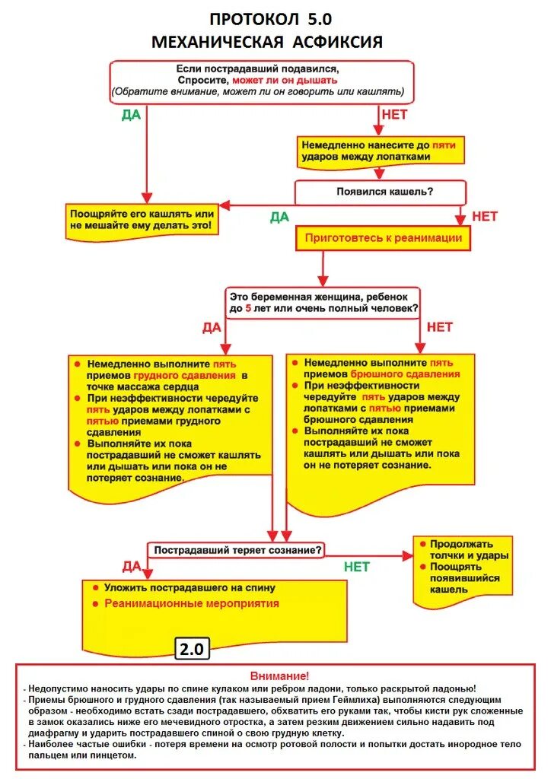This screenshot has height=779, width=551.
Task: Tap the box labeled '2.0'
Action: (192, 649)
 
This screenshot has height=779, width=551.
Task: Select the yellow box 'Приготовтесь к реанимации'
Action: (383, 238)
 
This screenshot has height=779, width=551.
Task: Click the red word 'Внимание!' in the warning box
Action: (279, 675)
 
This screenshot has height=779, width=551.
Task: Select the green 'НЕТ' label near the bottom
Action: (356, 567)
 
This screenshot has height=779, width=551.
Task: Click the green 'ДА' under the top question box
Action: (132, 116)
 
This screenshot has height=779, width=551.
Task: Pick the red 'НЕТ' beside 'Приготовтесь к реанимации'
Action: (484, 216)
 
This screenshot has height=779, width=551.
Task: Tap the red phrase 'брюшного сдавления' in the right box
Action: (405, 374)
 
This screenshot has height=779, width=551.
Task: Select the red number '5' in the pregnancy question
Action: (247, 310)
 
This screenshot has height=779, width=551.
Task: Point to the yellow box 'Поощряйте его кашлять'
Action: (142, 221)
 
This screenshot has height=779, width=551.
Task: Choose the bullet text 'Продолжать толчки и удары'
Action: (461, 549)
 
